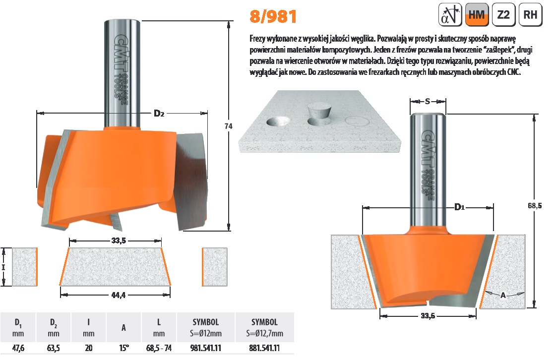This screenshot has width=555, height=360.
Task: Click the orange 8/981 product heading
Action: pyautogui.click(x=273, y=17)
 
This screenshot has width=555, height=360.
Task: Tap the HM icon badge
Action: pyautogui.click(x=477, y=14)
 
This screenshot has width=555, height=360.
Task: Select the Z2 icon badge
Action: pyautogui.click(x=503, y=14)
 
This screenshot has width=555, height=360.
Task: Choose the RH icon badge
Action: pyautogui.click(x=530, y=14)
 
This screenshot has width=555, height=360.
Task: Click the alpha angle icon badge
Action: pyautogui.click(x=450, y=14)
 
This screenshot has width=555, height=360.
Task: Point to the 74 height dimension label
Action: pyautogui.click(x=228, y=125)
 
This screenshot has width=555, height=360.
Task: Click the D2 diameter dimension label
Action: pyautogui.click(x=159, y=113)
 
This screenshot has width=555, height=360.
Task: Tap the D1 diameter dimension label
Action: pyautogui.click(x=459, y=207)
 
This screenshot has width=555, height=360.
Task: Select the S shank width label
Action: pyautogui.click(x=428, y=102)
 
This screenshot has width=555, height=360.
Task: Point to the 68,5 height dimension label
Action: pyautogui.click(x=535, y=205)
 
